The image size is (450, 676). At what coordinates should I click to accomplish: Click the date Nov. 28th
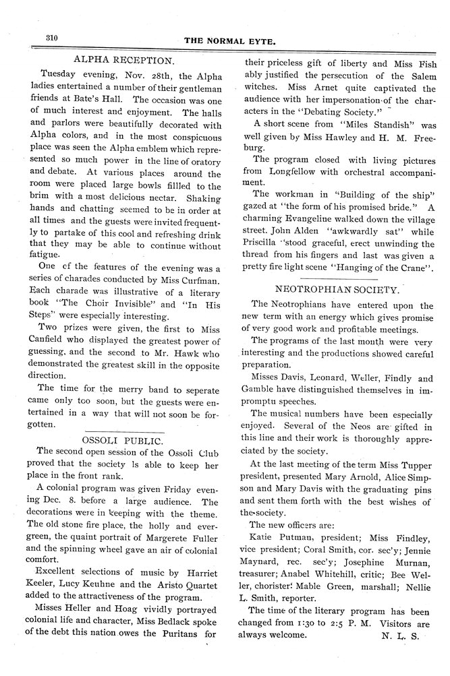(x=137, y=74)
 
